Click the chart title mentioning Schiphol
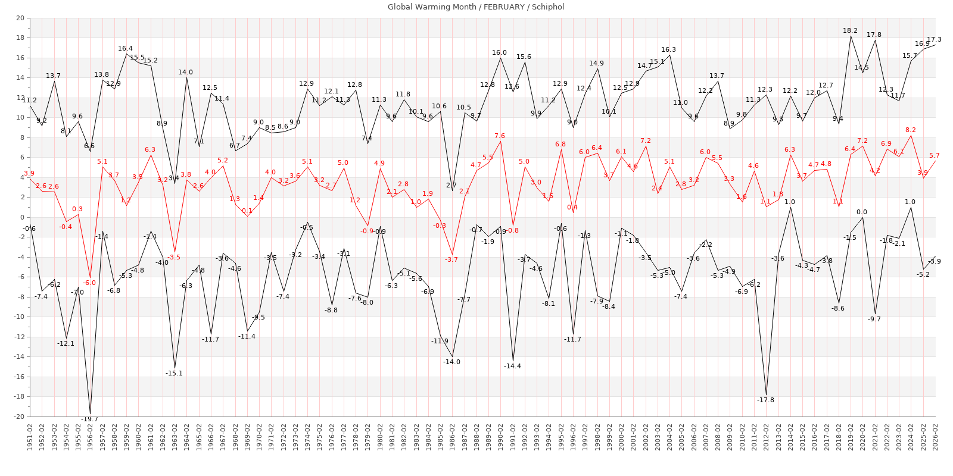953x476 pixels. pyautogui.click(x=476, y=7)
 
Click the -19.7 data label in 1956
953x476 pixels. pyautogui.click(x=89, y=419)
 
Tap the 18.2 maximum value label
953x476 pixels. pyautogui.click(x=850, y=30)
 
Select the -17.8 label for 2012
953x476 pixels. pyautogui.click(x=765, y=400)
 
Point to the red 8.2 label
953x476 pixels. pyautogui.click(x=910, y=130)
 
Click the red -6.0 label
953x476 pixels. pyautogui.click(x=89, y=283)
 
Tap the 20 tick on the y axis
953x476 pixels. pyautogui.click(x=20, y=18)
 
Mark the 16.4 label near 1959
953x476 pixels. pyautogui.click(x=125, y=48)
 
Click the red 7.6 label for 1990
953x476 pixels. pyautogui.click(x=499, y=136)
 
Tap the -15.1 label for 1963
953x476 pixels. pyautogui.click(x=174, y=373)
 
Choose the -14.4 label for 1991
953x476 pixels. pyautogui.click(x=512, y=366)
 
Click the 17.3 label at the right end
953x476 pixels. pyautogui.click(x=934, y=39)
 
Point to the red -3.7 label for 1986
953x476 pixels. pyautogui.click(x=451, y=259)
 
